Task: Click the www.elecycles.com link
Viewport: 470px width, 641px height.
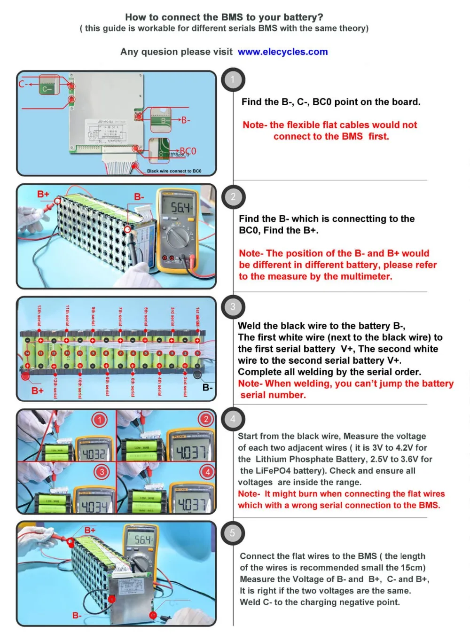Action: [282, 52]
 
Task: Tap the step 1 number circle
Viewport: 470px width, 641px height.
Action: [233, 80]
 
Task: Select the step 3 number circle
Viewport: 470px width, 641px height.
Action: [233, 307]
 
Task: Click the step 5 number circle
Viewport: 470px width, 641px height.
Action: [233, 533]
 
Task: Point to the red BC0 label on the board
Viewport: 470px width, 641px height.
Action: [188, 151]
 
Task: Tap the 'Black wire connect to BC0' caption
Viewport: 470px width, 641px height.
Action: [174, 171]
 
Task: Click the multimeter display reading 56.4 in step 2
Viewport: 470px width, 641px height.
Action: [180, 207]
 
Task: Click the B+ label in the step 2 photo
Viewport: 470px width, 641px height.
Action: [43, 194]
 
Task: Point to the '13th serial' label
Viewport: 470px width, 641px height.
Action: [39, 315]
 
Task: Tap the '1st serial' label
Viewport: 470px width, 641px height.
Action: [198, 316]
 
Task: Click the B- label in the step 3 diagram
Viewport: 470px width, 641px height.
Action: [207, 387]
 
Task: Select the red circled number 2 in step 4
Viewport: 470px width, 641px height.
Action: [205, 419]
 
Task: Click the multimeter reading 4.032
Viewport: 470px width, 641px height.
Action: [94, 453]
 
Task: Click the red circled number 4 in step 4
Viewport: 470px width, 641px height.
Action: [207, 471]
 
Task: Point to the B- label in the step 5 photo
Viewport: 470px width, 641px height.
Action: [77, 615]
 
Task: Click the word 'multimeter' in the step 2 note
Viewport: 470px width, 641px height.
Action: [364, 276]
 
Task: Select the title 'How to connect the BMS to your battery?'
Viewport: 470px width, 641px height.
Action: [224, 17]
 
